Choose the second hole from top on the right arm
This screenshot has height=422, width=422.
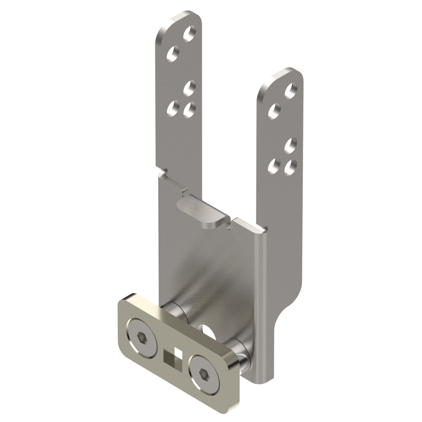click(274, 111)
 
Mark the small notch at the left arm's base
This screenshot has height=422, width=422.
click(164, 172)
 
